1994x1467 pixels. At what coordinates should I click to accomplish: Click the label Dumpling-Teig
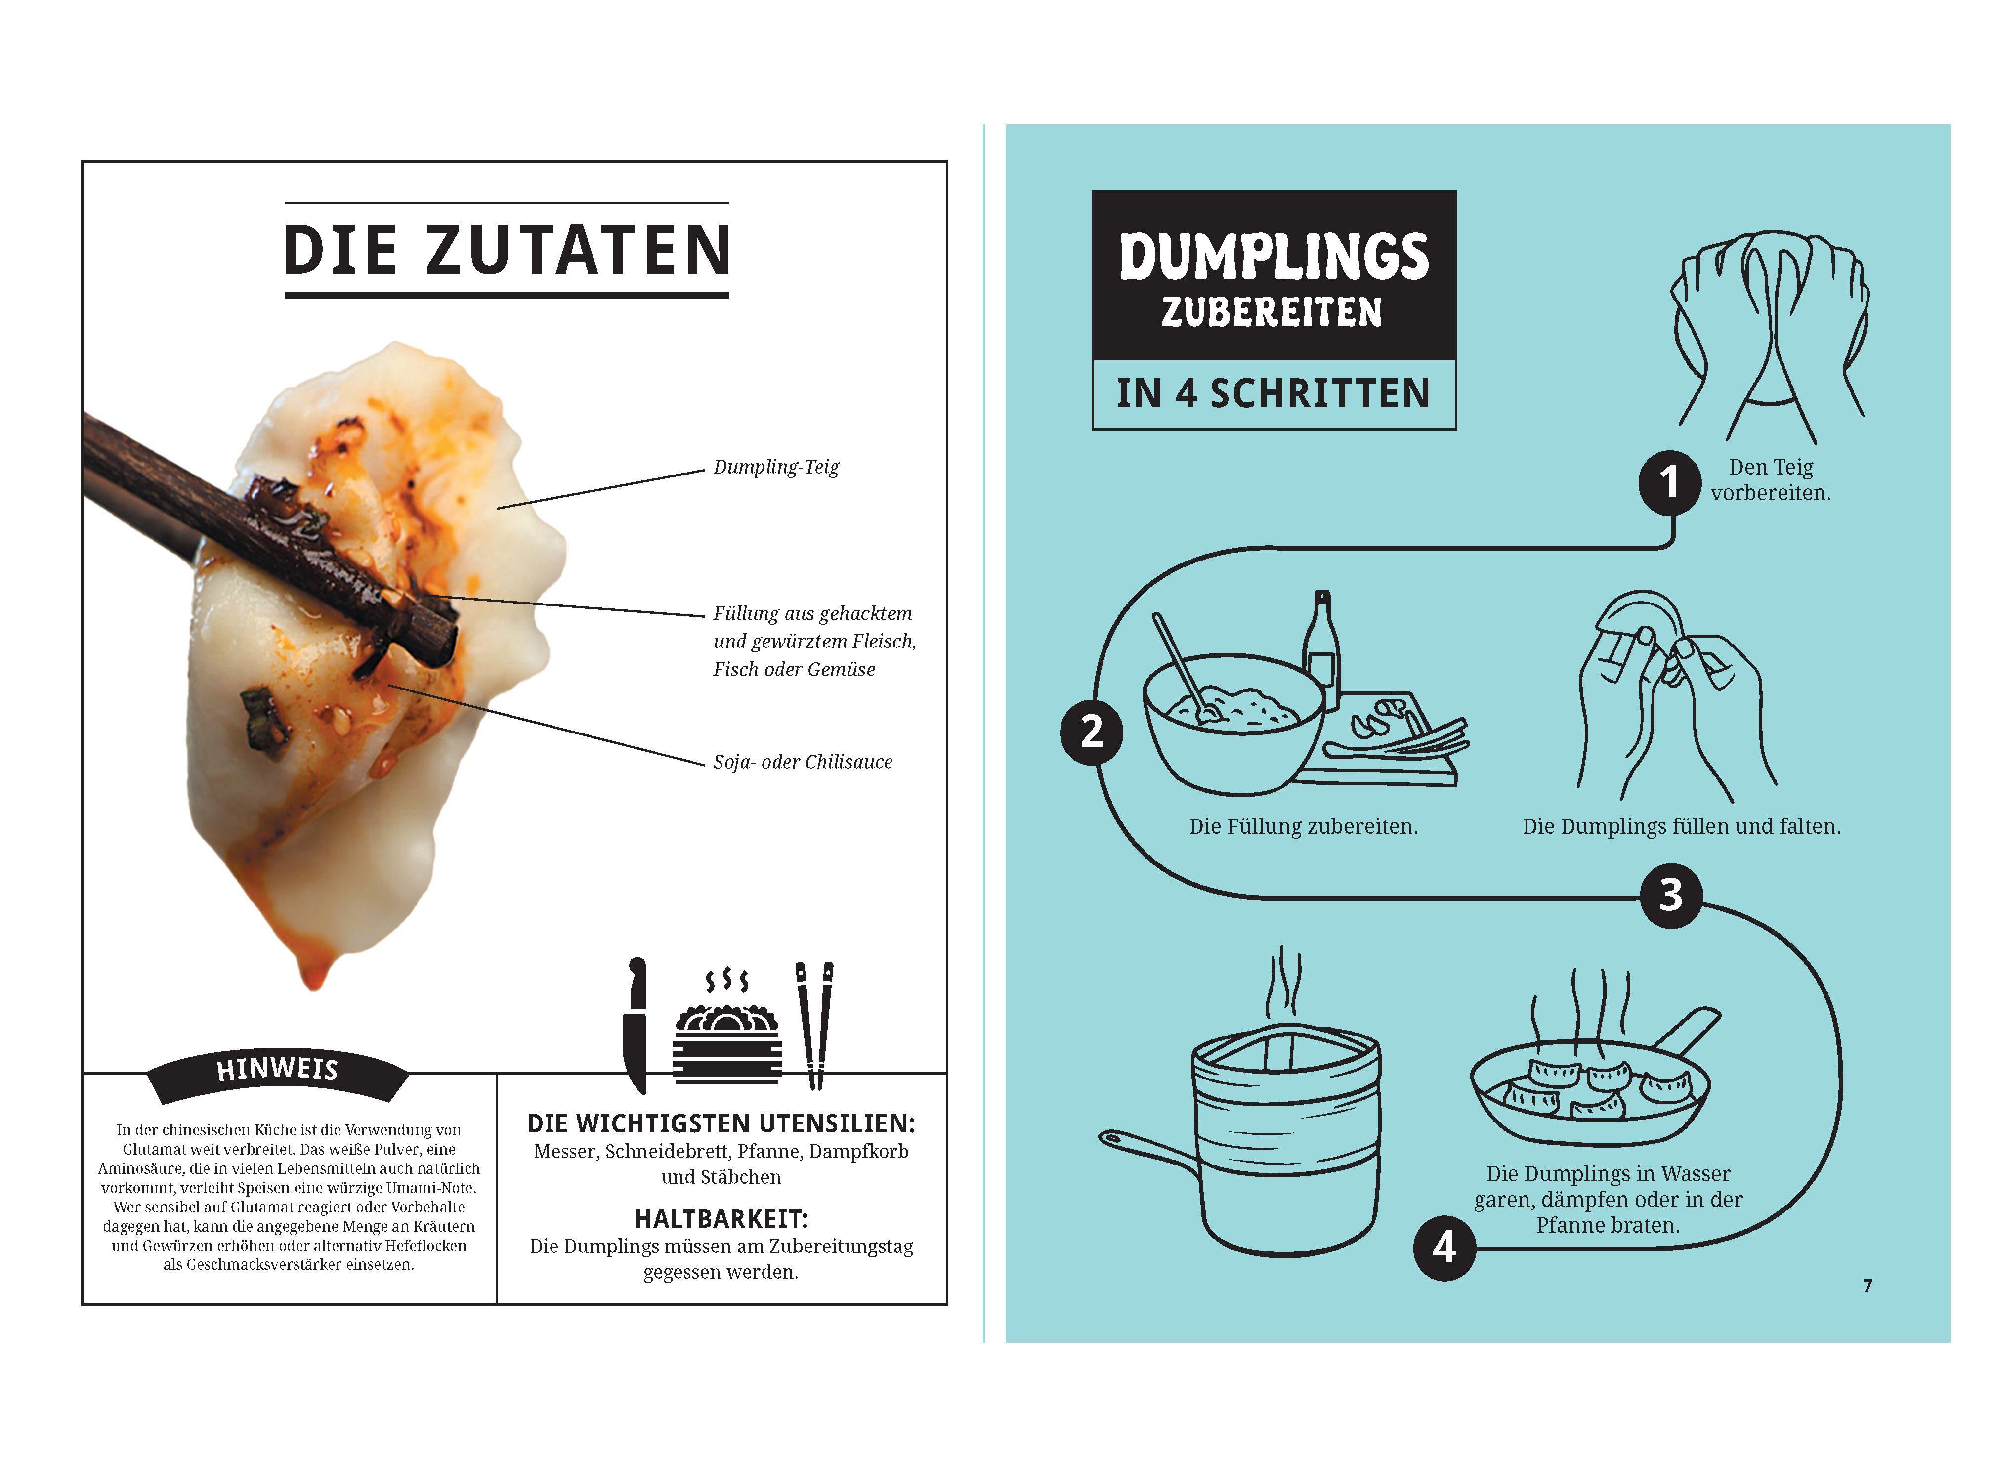click(775, 467)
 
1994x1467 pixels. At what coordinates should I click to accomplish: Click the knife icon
click(636, 1026)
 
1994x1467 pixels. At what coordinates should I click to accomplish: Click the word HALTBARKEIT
click(721, 1218)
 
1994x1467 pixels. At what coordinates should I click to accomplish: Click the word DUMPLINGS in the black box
click(1273, 258)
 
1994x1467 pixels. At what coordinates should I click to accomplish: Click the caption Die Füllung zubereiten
click(1303, 827)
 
